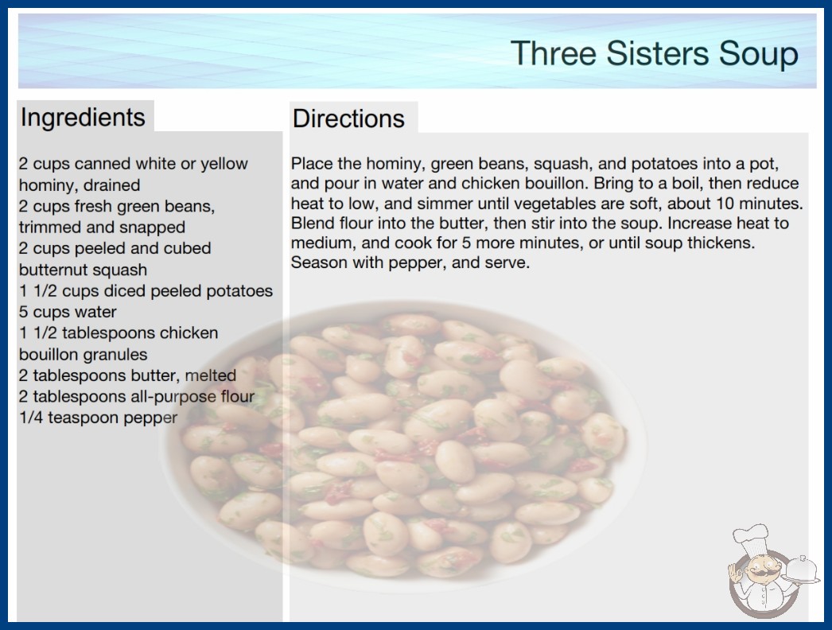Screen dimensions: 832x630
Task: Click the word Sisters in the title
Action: click(x=657, y=53)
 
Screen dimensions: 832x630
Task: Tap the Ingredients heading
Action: click(x=83, y=118)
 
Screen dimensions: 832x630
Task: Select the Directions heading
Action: click(x=348, y=119)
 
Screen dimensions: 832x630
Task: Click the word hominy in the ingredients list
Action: click(x=45, y=185)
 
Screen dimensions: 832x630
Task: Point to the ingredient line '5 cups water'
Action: click(x=68, y=312)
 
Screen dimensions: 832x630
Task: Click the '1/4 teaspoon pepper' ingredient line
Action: click(x=98, y=418)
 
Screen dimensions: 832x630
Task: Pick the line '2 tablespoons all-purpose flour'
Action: click(x=137, y=396)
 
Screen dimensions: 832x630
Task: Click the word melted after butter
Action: click(x=210, y=375)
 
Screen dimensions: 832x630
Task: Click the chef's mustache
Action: click(x=758, y=572)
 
